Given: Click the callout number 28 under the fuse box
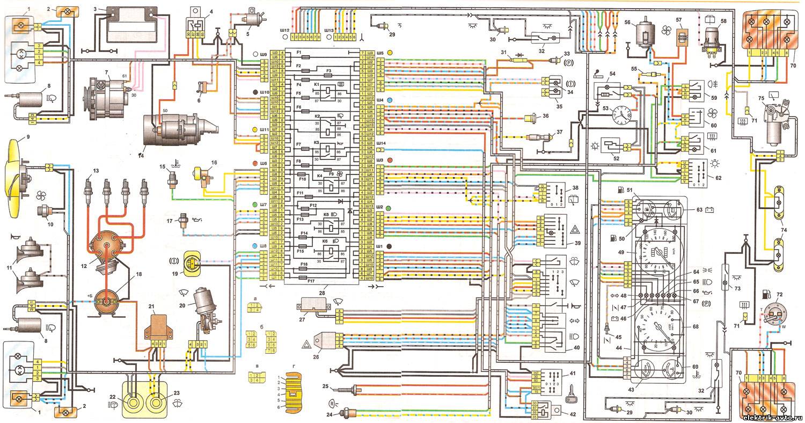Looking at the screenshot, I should [321, 293].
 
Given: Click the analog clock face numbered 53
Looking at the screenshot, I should [621, 114].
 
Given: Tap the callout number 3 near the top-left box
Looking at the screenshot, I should [95, 9].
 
